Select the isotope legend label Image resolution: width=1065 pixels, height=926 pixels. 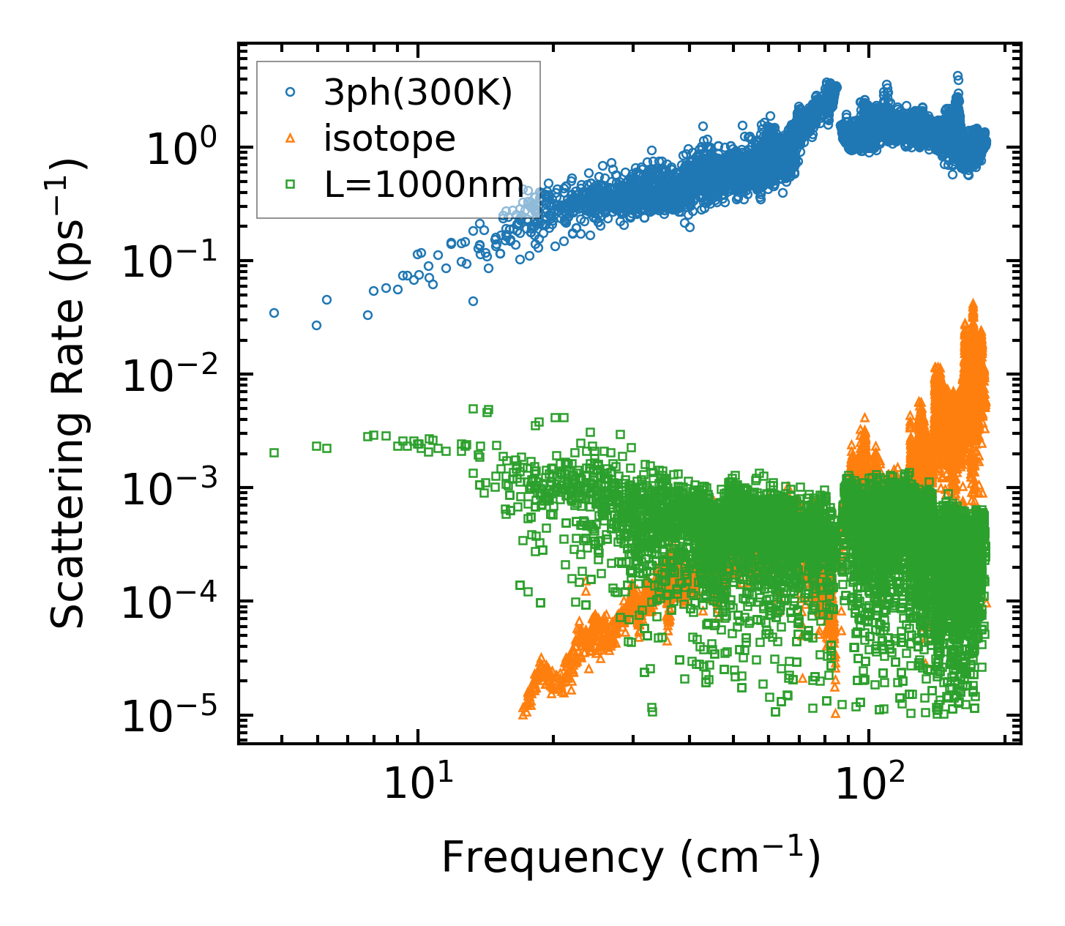pos(389,138)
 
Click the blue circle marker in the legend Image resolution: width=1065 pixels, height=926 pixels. pos(291,93)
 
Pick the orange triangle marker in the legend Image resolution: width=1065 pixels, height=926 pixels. pos(291,138)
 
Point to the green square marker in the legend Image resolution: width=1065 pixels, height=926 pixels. pos(291,184)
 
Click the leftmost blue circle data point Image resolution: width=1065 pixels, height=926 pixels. pos(274,313)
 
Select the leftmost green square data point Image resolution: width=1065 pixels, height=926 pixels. pos(274,452)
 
